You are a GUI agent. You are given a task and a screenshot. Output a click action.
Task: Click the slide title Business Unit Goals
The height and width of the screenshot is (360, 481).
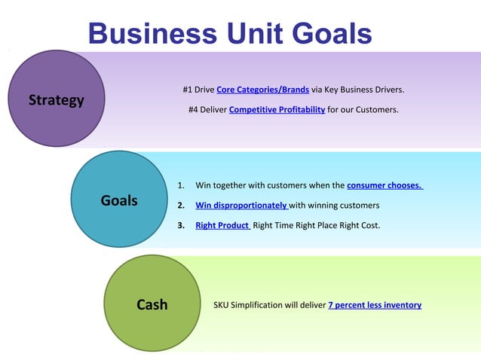click(x=229, y=33)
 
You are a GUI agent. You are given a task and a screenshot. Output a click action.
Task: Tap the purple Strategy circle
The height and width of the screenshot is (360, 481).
click(x=57, y=99)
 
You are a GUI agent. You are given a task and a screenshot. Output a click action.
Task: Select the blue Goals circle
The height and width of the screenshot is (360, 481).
click(x=118, y=200)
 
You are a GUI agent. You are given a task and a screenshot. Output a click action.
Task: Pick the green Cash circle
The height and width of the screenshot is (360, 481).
click(x=152, y=304)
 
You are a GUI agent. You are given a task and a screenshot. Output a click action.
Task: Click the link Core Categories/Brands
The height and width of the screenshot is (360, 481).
click(x=262, y=90)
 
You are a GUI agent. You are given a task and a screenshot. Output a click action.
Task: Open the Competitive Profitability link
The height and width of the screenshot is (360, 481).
click(x=277, y=110)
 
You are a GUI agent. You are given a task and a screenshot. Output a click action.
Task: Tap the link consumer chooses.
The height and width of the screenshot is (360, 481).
click(x=384, y=185)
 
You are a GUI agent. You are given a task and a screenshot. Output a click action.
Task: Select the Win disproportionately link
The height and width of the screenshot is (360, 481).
click(x=241, y=205)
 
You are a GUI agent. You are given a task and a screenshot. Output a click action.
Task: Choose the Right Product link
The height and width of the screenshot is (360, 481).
click(x=222, y=225)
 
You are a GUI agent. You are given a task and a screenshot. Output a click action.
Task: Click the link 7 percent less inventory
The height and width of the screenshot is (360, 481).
click(x=375, y=305)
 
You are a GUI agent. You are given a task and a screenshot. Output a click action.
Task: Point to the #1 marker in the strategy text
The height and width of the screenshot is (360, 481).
click(x=188, y=90)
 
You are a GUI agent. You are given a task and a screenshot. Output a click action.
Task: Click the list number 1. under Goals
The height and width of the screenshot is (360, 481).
click(x=180, y=185)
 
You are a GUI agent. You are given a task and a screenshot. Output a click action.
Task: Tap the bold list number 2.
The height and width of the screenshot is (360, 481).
click(x=180, y=205)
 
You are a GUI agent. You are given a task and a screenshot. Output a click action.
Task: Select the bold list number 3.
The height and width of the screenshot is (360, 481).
click(x=180, y=225)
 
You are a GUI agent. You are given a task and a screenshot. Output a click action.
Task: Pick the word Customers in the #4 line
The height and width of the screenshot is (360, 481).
click(x=378, y=110)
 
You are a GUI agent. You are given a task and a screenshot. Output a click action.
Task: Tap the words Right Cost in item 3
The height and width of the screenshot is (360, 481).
click(x=361, y=225)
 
